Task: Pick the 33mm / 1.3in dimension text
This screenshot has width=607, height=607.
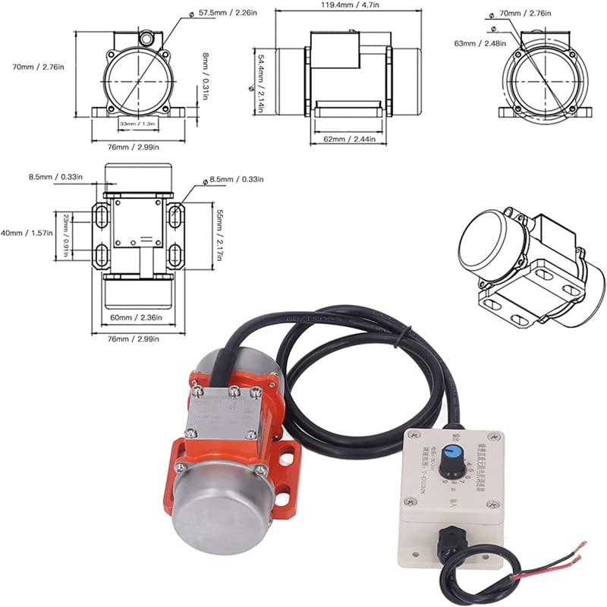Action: tap(137, 123)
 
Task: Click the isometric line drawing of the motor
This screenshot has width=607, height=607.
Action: tap(524, 266)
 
